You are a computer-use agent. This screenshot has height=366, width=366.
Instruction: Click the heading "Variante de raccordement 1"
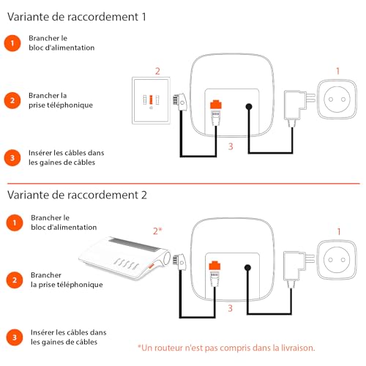click(77, 17)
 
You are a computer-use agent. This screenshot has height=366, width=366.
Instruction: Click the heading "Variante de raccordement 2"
click(77, 195)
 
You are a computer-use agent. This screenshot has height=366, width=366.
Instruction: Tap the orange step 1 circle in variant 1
click(12, 43)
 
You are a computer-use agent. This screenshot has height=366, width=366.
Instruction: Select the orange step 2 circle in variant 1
click(12, 100)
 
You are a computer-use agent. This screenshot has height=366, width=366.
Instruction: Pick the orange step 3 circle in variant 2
click(15, 337)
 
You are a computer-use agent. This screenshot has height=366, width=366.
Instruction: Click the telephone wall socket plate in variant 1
click(151, 100)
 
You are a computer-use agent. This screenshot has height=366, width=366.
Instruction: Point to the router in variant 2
click(124, 258)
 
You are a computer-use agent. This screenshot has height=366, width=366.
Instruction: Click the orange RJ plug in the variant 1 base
click(216, 104)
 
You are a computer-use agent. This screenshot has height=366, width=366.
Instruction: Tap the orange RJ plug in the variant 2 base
click(214, 266)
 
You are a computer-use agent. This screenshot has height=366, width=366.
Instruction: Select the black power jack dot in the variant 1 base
click(249, 107)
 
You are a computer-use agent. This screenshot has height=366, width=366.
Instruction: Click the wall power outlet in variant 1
click(337, 100)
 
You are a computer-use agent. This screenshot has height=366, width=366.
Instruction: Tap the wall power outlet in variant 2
click(337, 260)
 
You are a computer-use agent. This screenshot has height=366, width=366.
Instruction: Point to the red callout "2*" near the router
click(157, 231)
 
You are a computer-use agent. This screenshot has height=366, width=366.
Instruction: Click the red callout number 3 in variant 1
click(231, 146)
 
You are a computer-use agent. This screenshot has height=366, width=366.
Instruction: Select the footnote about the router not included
click(226, 348)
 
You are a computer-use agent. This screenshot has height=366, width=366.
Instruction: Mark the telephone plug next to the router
click(179, 262)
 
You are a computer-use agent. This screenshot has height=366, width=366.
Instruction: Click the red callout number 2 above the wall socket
click(157, 71)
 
